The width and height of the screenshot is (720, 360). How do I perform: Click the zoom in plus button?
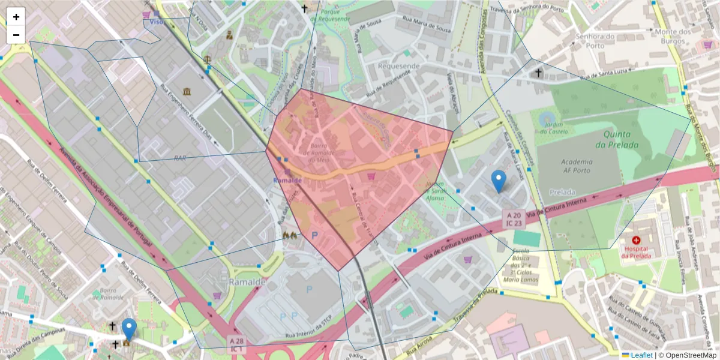[x=16, y=17]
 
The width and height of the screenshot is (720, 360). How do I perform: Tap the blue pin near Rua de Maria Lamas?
[x=498, y=181]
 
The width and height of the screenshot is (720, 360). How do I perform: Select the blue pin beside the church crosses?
[x=129, y=329]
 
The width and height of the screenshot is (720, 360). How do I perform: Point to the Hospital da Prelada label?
[x=636, y=251]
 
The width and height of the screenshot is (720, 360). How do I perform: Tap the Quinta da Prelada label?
[x=621, y=139]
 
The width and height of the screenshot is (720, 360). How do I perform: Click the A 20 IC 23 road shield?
[x=513, y=218]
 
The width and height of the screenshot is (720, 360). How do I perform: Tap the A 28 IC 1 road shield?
[x=236, y=344]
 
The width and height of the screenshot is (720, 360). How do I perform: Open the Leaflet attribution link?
[x=641, y=355]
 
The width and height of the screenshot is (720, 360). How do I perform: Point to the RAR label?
[x=180, y=158]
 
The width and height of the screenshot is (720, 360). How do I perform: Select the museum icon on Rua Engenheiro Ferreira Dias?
[x=187, y=92]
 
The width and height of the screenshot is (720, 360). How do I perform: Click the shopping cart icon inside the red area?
[x=371, y=176]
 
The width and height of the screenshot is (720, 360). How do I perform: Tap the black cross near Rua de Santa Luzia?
[x=538, y=73]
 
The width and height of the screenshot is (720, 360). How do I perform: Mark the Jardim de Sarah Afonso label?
[x=434, y=191]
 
